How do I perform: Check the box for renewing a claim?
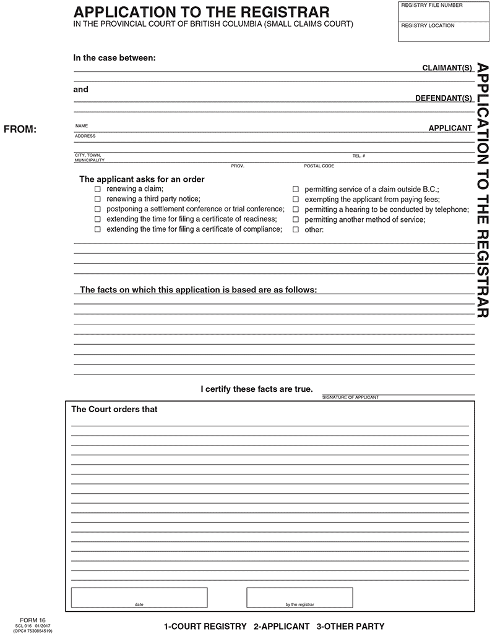click(97, 189)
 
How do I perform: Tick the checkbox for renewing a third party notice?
click(97, 199)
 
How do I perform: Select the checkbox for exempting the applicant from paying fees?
click(296, 199)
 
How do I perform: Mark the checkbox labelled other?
click(296, 229)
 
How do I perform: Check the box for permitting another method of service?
click(296, 219)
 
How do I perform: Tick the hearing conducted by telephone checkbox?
click(296, 209)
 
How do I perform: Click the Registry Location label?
click(428, 26)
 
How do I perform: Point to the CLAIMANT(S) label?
click(447, 67)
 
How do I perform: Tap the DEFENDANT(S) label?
click(444, 98)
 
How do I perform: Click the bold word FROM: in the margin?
click(20, 129)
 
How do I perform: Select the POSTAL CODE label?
click(319, 166)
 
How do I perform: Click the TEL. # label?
click(359, 156)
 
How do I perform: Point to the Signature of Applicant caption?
click(350, 397)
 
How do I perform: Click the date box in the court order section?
click(139, 596)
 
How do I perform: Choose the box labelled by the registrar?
click(299, 596)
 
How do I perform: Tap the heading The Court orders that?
click(114, 409)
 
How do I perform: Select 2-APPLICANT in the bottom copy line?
click(282, 626)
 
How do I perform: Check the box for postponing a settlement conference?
click(97, 209)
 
